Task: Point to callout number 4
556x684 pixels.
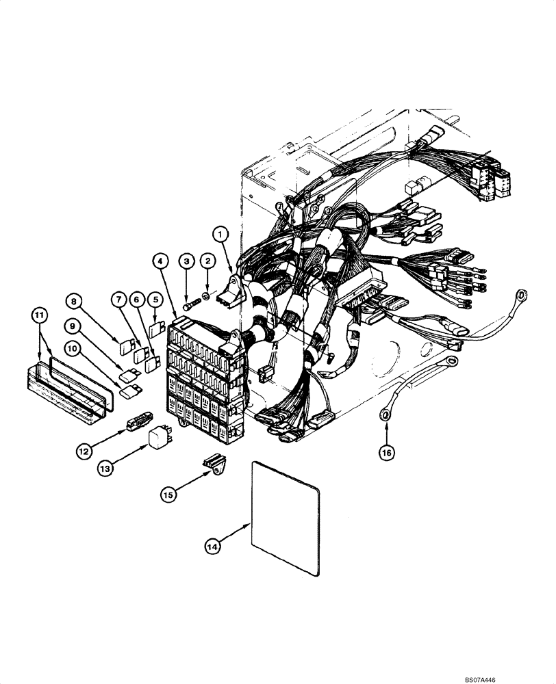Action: (159, 261)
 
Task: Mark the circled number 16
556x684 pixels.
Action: (388, 452)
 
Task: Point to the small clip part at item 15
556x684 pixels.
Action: (214, 464)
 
